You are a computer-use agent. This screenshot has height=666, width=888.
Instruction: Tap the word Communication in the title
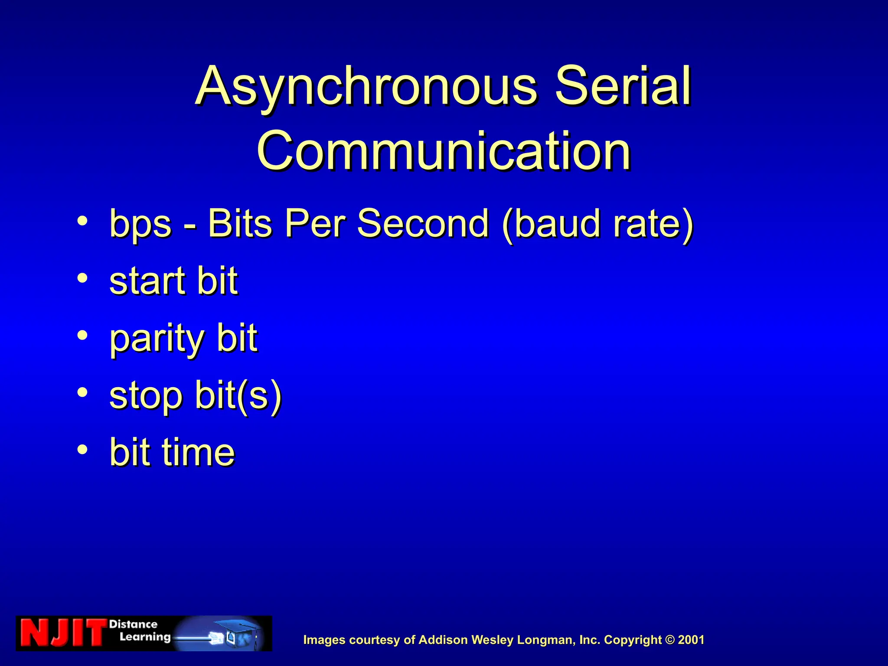coord(444,151)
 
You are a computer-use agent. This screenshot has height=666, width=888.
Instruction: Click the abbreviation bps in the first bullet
coord(140,224)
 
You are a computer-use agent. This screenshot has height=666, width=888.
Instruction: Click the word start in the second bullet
coord(147,281)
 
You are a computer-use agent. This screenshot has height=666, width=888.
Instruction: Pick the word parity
coord(157,339)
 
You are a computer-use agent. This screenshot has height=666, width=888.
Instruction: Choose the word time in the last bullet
coord(198,452)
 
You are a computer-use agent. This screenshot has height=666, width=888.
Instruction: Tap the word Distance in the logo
coord(133,624)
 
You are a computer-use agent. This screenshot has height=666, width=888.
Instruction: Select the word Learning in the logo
coord(145,637)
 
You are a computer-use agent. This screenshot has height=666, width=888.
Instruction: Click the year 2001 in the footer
coord(691,640)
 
